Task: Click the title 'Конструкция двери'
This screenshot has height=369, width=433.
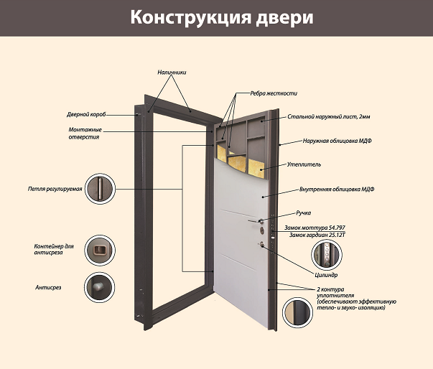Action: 216,17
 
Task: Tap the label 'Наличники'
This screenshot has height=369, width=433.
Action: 172,73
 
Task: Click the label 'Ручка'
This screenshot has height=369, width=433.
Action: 304,213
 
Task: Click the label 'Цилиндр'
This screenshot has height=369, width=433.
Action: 326,275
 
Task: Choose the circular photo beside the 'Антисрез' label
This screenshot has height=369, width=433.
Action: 99,287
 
